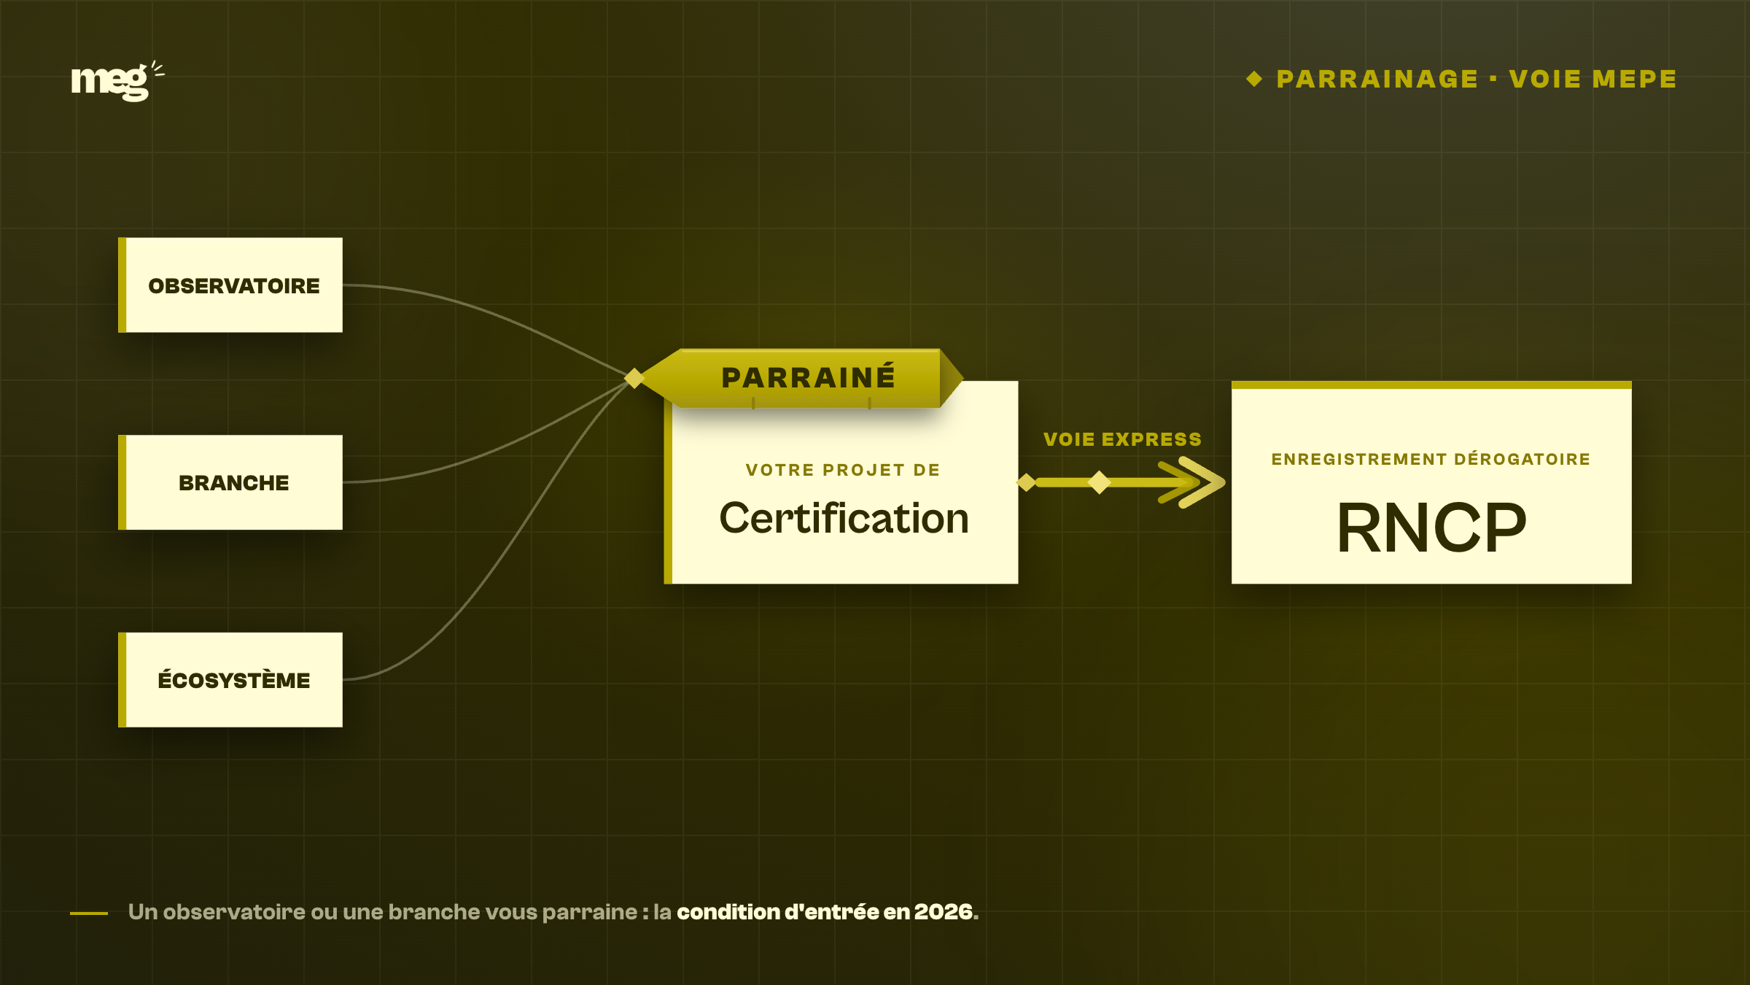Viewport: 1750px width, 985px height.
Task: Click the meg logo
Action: [x=117, y=81]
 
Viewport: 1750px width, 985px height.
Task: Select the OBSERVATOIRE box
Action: [x=230, y=285]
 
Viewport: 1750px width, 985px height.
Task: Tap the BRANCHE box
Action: [x=230, y=482]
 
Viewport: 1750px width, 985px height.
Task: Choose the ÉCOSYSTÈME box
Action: [x=230, y=679]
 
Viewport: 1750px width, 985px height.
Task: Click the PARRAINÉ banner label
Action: [x=808, y=378]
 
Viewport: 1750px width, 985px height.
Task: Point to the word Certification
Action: [x=844, y=518]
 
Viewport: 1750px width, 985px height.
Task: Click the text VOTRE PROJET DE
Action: [x=843, y=470]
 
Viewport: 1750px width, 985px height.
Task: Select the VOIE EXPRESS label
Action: [x=1122, y=439]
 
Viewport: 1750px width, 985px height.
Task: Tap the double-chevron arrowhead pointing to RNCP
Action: [x=1193, y=482]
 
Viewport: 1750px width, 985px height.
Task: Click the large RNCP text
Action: [x=1431, y=527]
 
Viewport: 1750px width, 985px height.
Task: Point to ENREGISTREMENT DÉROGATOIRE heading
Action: [x=1431, y=459]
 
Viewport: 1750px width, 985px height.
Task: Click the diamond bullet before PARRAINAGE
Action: [x=1254, y=79]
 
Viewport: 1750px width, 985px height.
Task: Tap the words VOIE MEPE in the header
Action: [x=1592, y=79]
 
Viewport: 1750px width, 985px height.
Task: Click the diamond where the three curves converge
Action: [x=634, y=378]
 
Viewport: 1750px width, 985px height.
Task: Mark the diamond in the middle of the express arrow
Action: [x=1099, y=482]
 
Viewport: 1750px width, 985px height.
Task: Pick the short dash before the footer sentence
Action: [x=89, y=913]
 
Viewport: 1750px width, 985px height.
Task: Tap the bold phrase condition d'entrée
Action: [x=778, y=912]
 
